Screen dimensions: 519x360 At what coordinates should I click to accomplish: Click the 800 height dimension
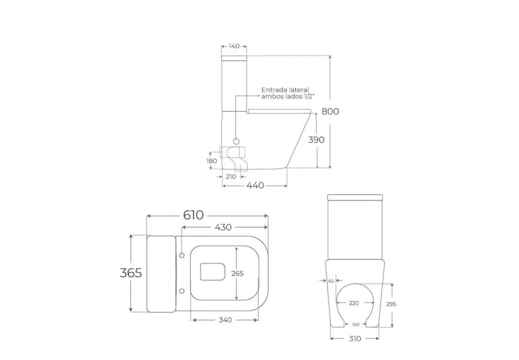[331, 111]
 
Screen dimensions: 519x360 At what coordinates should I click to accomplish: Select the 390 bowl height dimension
[316, 140]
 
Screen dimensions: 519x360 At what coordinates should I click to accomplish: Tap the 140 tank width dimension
[234, 46]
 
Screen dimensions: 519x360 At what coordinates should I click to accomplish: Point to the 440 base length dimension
[255, 185]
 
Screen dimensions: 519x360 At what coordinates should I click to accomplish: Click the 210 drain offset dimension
[231, 176]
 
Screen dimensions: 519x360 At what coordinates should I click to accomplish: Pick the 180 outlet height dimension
[212, 161]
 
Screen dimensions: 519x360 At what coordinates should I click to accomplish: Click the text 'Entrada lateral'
[285, 90]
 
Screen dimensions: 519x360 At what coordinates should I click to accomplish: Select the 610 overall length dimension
[194, 215]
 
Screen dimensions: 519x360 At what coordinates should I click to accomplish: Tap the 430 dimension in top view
[223, 227]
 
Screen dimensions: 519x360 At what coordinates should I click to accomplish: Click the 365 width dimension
[131, 273]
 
